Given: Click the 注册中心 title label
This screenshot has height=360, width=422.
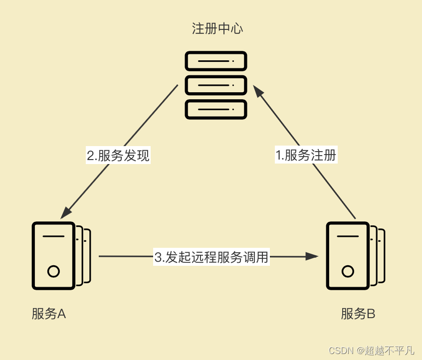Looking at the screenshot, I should (x=217, y=28).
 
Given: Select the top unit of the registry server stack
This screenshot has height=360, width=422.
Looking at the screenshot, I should (x=216, y=61).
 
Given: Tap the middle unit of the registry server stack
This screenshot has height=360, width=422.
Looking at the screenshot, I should (x=216, y=85).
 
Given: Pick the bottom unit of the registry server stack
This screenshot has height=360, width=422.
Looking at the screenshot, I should (x=216, y=109).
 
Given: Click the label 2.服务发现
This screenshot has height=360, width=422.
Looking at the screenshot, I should (x=118, y=156).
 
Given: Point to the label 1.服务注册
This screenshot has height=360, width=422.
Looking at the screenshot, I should (x=306, y=155).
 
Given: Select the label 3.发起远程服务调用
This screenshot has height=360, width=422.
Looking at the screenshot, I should (x=211, y=257).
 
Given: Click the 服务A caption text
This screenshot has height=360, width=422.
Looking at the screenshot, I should (x=49, y=314).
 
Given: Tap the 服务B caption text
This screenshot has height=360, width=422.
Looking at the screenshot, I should (x=358, y=314).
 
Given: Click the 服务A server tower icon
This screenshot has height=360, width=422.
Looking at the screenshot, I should (x=54, y=255).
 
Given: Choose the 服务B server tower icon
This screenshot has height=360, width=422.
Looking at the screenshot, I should (x=349, y=255).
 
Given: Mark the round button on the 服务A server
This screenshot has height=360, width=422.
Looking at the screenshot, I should (x=53, y=272).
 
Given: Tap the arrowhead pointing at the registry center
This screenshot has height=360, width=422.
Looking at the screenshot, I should (x=257, y=90).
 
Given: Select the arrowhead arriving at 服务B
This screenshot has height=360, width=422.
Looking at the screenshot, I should (x=312, y=256).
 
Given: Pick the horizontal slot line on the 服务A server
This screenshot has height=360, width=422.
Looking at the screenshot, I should (x=53, y=236).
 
